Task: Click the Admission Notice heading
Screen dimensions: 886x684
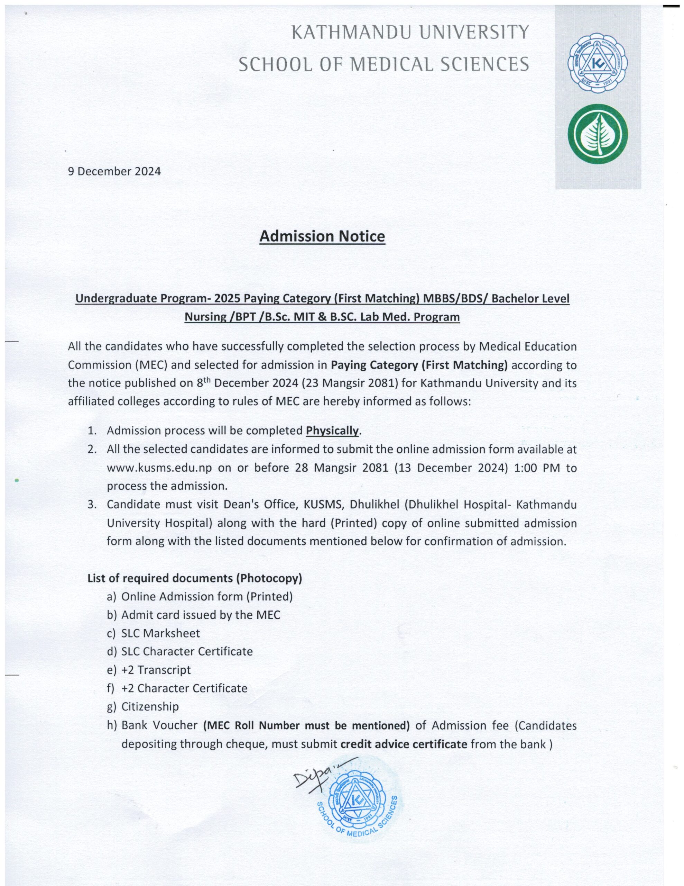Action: click(x=322, y=236)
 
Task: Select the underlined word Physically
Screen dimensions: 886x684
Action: click(x=332, y=431)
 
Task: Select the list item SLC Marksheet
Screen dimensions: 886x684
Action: click(x=160, y=633)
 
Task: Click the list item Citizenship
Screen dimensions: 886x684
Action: click(x=150, y=706)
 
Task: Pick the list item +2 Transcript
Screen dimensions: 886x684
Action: click(x=156, y=670)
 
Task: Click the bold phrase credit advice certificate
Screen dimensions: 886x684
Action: click(x=404, y=744)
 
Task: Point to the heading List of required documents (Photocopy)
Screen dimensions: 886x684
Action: click(x=195, y=578)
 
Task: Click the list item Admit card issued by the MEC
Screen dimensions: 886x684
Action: click(x=201, y=615)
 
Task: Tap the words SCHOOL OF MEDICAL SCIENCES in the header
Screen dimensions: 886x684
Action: click(x=383, y=64)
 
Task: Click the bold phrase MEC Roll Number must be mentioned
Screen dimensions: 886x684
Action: click(x=306, y=725)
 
